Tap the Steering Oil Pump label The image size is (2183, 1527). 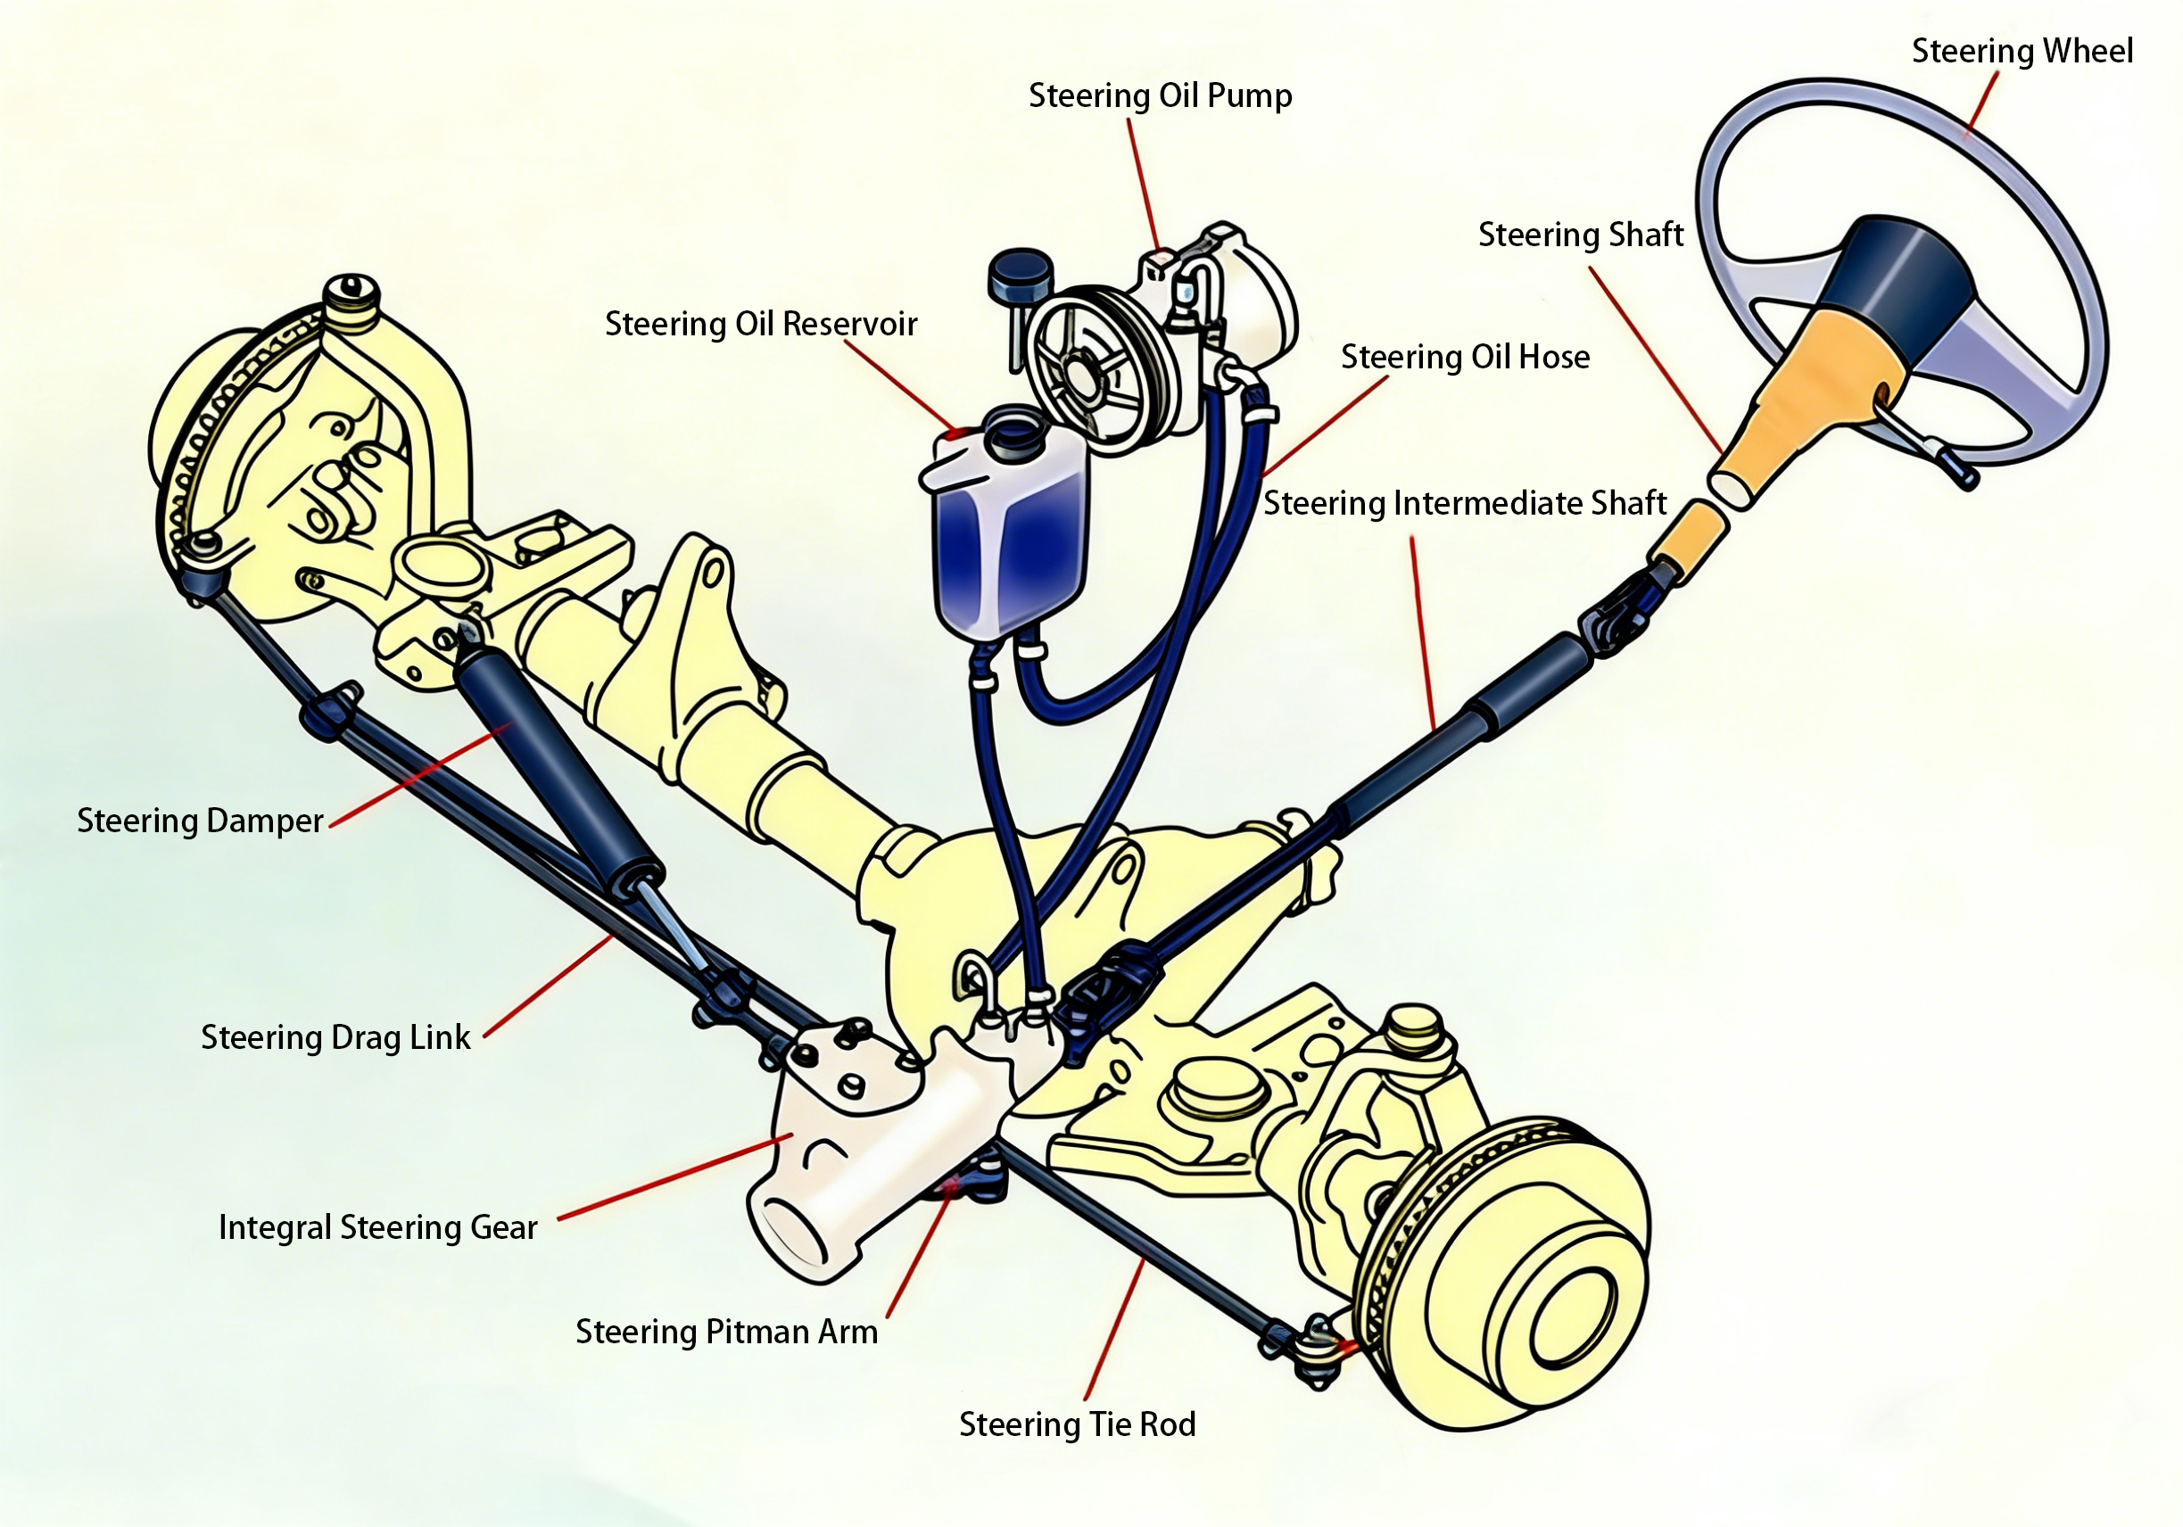(x=1160, y=96)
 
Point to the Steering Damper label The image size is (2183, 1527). (x=200, y=821)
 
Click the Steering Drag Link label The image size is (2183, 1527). (x=335, y=1037)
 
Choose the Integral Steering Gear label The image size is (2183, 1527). (x=377, y=1227)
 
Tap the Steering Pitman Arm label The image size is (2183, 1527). (x=726, y=1332)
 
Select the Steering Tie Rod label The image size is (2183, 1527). (x=1076, y=1424)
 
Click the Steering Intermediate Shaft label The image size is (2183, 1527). (x=1464, y=503)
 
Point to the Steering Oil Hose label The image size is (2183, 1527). (x=1464, y=358)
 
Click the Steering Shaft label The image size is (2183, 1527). (x=1580, y=235)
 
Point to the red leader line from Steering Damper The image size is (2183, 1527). (x=418, y=775)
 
